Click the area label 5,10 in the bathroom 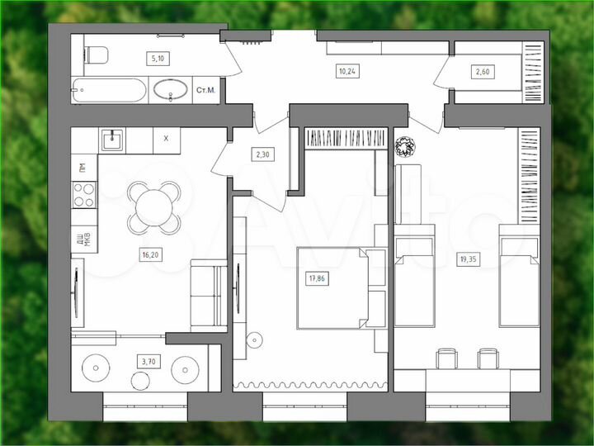tap(155, 58)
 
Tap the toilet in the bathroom tap(97, 55)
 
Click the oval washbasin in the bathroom tap(171, 89)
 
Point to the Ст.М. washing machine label tap(205, 91)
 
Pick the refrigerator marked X tap(166, 139)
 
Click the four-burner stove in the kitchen tap(84, 194)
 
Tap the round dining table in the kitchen tap(154, 206)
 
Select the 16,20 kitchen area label tap(150, 255)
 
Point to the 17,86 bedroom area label tap(317, 278)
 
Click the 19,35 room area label tap(468, 259)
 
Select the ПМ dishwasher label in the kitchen tap(82, 168)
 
